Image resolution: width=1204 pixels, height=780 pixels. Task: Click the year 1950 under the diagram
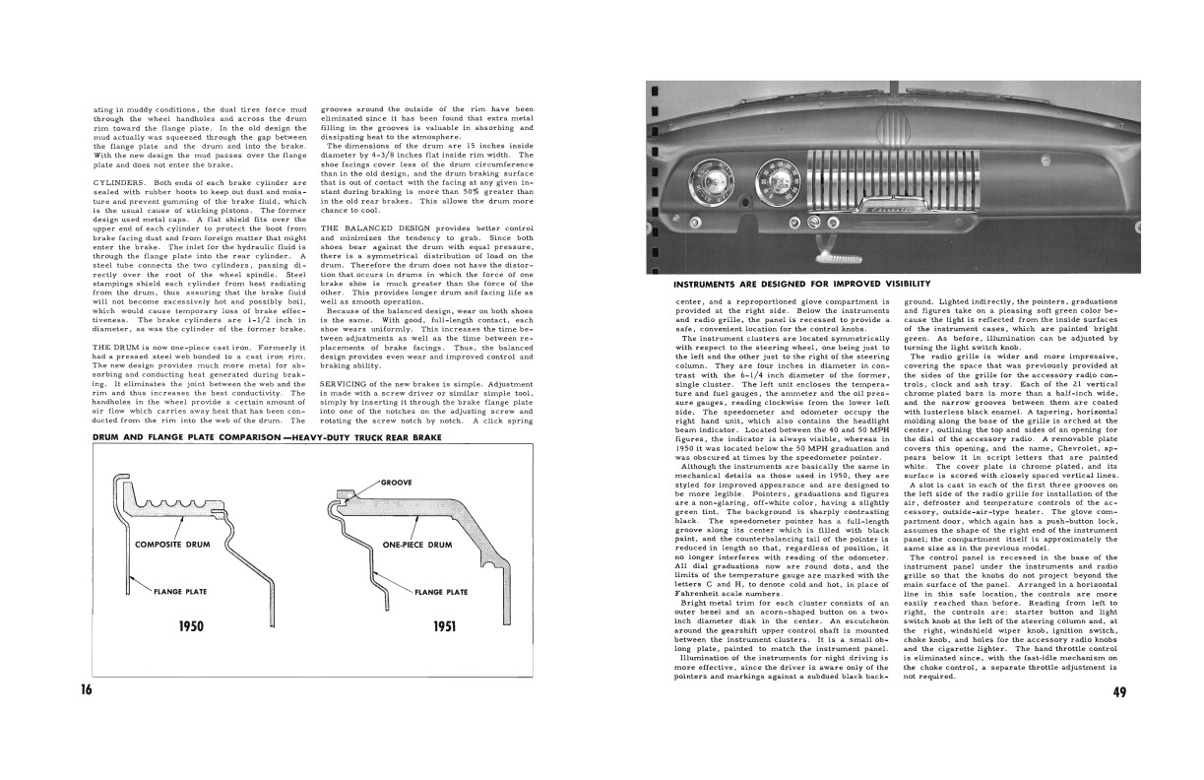[x=191, y=626]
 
